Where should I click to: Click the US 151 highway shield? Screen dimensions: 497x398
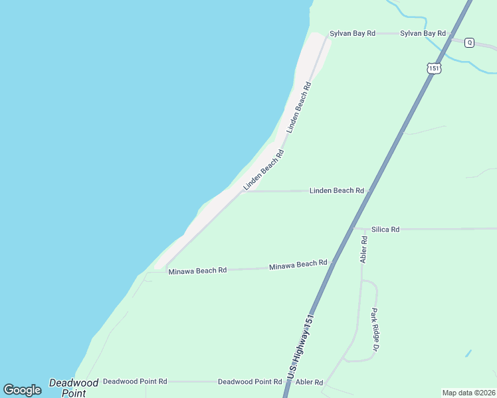click(433, 68)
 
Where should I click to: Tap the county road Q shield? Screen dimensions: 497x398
click(469, 42)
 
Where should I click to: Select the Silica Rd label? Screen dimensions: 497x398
click(385, 229)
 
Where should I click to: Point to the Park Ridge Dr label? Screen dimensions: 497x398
click(374, 330)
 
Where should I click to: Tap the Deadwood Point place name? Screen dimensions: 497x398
click(74, 387)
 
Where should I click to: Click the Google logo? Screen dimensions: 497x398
click(23, 390)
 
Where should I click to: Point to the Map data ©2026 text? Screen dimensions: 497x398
click(468, 393)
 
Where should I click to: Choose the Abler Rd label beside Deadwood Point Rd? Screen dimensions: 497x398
click(309, 382)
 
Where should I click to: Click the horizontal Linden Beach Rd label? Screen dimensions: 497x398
click(337, 191)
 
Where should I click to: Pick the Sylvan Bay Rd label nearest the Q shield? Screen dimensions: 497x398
click(423, 33)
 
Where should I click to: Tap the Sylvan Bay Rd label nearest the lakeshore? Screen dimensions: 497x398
click(353, 33)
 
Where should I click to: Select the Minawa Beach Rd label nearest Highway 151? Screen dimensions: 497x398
click(298, 265)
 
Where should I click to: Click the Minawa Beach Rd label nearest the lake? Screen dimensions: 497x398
click(197, 271)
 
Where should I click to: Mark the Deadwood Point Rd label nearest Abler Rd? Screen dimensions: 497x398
click(250, 382)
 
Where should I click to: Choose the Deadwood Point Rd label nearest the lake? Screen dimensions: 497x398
click(135, 382)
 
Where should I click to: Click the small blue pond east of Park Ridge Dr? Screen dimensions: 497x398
click(468, 353)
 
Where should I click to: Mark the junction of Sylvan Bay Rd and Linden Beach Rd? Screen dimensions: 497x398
click(328, 34)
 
